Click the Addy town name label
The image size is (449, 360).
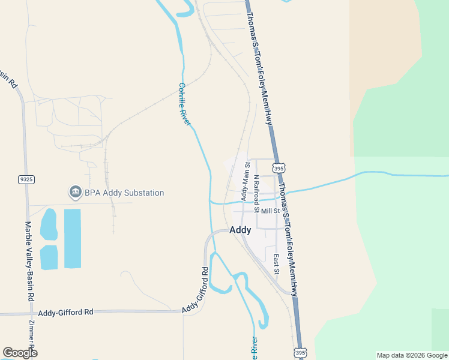click(x=241, y=229)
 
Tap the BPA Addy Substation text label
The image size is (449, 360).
click(x=124, y=193)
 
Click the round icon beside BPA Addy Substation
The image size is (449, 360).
click(x=75, y=193)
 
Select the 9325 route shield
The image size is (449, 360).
click(x=26, y=179)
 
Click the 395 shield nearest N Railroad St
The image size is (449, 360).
click(x=279, y=169)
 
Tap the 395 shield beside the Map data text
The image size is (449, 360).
click(x=301, y=352)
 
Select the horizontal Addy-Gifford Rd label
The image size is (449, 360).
click(x=66, y=312)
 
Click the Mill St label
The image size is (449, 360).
click(x=271, y=211)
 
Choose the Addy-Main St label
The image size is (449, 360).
click(x=245, y=181)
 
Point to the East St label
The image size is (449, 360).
click(x=277, y=264)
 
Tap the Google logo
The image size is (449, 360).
click(x=20, y=353)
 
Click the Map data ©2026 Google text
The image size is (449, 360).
click(x=411, y=355)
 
